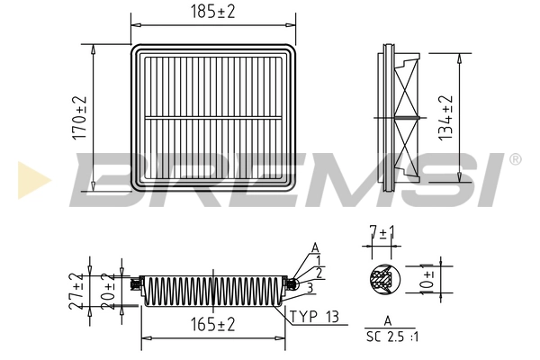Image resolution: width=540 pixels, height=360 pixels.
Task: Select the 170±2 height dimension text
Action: pyautogui.click(x=79, y=117)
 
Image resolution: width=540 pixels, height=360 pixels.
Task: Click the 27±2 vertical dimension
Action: pyautogui.click(x=76, y=290)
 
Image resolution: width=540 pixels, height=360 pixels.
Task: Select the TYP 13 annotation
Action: pyautogui.click(x=315, y=317)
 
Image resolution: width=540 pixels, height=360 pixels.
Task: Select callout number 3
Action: pyautogui.click(x=309, y=287)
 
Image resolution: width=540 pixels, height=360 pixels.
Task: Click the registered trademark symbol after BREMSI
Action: pyautogui.click(x=515, y=159)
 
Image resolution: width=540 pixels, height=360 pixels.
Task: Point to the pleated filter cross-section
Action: pyautogui.click(x=212, y=289)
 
